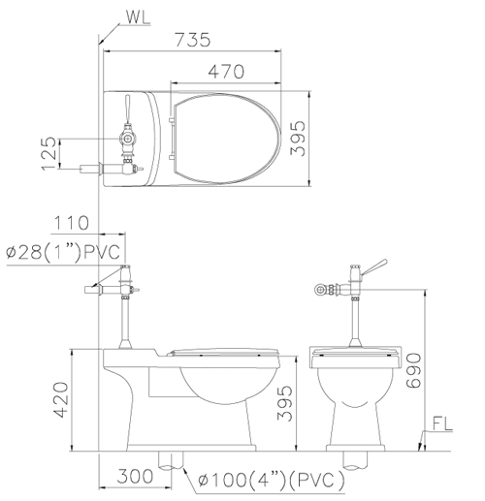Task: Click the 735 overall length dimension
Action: [193, 40]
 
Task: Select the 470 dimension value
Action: [226, 72]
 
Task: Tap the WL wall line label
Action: [138, 17]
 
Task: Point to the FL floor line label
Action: [442, 423]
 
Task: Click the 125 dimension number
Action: [48, 153]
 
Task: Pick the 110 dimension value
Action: [71, 223]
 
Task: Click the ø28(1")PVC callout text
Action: [63, 252]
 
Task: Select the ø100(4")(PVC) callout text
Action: [271, 480]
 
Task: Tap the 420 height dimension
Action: [61, 400]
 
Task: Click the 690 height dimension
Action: [413, 370]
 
